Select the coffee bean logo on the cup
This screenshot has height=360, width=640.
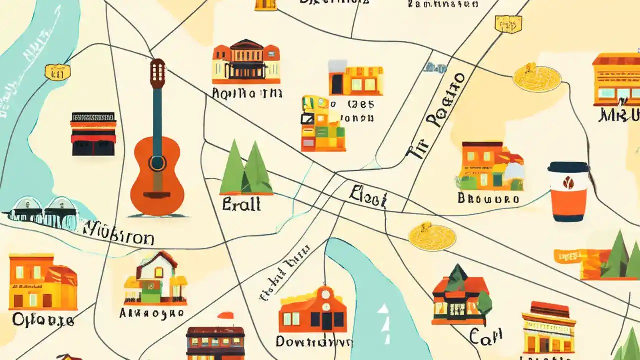568,183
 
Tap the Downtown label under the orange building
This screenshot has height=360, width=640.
314,342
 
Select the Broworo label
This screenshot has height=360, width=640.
488,198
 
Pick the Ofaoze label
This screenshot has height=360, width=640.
44,320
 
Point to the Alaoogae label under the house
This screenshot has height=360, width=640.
152,314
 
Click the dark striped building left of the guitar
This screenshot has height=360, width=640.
93,133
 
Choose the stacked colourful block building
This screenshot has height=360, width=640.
322,124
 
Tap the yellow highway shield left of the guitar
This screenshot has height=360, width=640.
57,73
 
